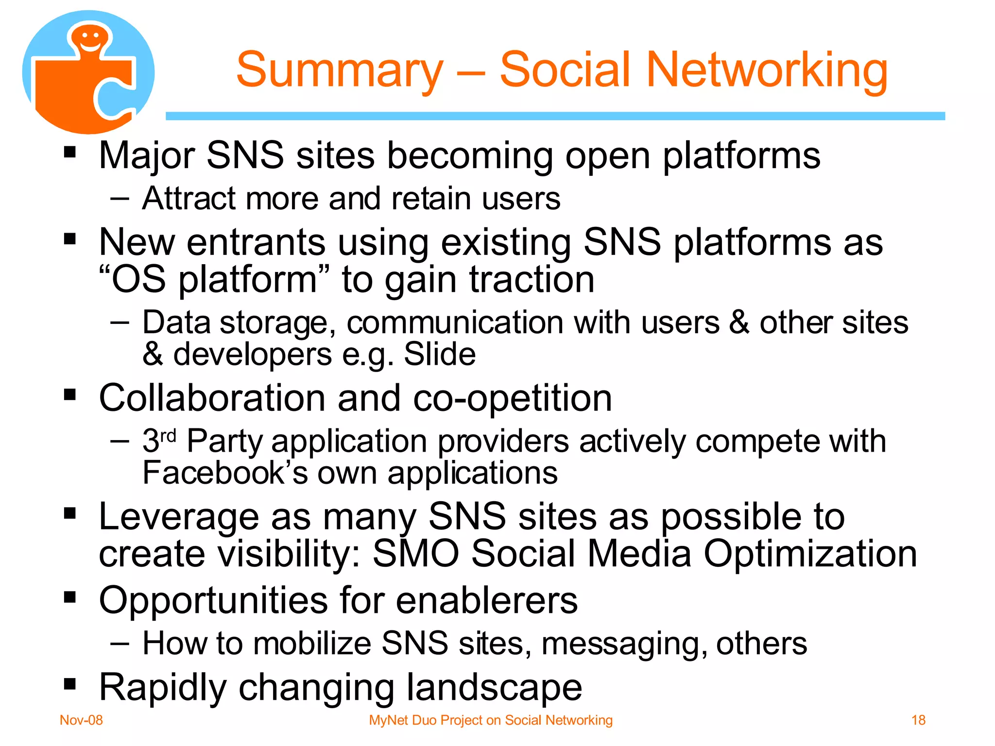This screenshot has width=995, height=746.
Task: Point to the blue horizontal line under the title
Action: (555, 116)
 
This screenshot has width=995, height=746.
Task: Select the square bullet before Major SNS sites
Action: (70, 153)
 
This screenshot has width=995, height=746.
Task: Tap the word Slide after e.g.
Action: (439, 354)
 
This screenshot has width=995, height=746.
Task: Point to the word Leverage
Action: (178, 517)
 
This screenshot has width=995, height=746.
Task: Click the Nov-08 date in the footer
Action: (81, 720)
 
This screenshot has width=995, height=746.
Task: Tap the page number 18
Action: (918, 720)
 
